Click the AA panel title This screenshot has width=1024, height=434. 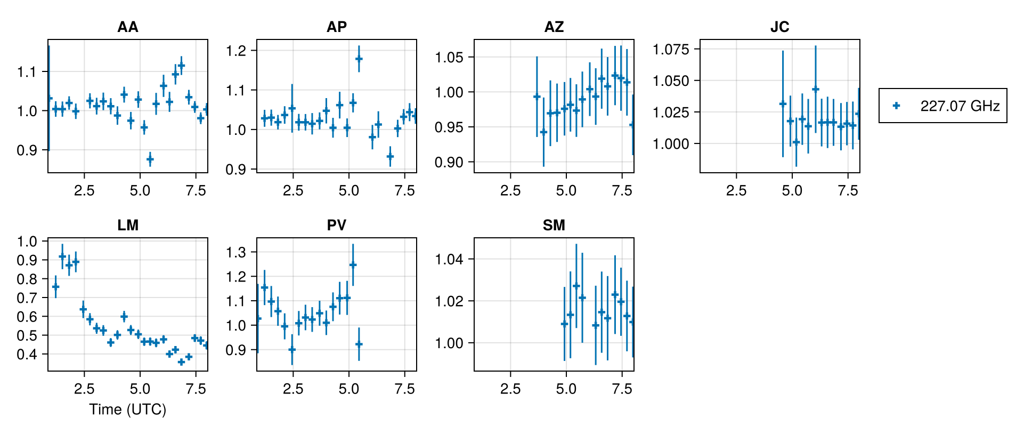click(128, 27)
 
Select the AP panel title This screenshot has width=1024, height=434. click(337, 27)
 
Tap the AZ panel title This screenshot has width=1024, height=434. click(554, 27)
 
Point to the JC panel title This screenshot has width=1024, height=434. click(779, 27)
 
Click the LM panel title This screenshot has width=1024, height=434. click(128, 226)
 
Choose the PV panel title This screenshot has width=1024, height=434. click(337, 226)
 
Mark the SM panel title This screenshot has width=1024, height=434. click(554, 226)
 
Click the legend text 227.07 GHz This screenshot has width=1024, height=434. click(960, 106)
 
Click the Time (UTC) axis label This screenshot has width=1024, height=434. click(128, 409)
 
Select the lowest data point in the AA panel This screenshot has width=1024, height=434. click(150, 159)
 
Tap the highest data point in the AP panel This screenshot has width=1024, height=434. click(359, 59)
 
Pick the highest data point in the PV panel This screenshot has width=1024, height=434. click(353, 264)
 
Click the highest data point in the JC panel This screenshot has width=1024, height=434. click(815, 89)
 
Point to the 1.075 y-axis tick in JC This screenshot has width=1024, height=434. click(671, 50)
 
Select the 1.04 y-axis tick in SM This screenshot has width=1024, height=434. click(449, 260)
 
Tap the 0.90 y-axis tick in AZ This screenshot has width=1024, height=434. click(449, 163)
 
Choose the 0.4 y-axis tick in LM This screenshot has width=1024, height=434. click(27, 355)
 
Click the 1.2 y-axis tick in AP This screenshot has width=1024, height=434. click(236, 51)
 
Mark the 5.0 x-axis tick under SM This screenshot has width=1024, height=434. click(566, 389)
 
